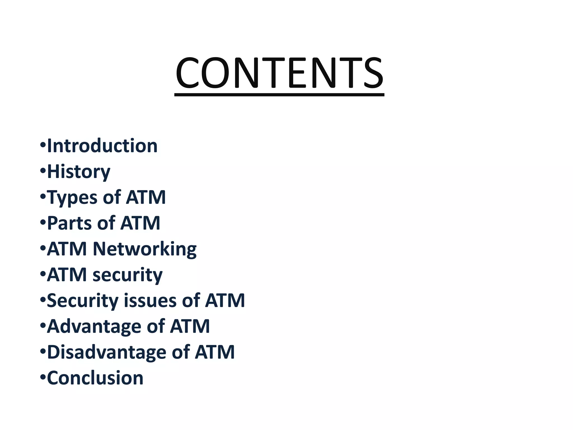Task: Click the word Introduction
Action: (102, 146)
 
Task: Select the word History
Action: (79, 172)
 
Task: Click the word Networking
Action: (145, 249)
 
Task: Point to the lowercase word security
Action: (128, 275)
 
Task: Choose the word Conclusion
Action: (95, 378)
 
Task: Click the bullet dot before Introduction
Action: (43, 146)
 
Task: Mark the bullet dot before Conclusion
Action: (43, 377)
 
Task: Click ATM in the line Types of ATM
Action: (146, 197)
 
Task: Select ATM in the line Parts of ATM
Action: (140, 223)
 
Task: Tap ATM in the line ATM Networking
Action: (67, 249)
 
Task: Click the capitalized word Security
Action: (83, 300)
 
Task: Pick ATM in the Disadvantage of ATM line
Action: (215, 352)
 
